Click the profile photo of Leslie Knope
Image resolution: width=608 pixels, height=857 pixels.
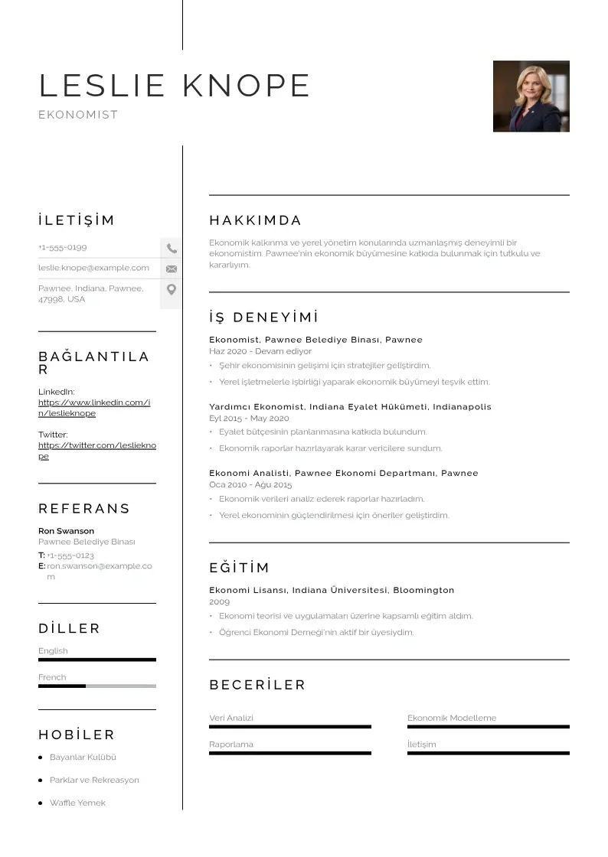531,96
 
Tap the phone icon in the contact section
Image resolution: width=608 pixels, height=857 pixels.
172,248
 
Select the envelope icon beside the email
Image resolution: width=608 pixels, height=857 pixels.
172,269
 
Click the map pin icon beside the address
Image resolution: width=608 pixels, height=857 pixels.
172,289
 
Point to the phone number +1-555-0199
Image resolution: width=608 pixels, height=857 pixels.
63,248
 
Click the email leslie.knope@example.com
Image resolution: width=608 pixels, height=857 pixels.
93,268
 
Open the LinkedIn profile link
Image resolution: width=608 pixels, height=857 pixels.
93,408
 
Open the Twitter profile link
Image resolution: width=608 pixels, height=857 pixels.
96,451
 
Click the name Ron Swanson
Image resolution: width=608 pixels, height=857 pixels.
67,531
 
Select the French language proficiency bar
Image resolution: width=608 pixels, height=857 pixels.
96,686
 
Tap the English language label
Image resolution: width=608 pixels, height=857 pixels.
54,651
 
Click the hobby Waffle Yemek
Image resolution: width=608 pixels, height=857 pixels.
77,803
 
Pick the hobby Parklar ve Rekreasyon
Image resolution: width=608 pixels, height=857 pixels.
94,780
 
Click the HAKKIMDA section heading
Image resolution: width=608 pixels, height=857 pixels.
256,221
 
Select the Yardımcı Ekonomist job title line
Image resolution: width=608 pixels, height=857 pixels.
350,407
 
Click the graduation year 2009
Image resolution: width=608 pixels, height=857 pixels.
219,602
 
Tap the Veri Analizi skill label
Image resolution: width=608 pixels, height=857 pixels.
231,719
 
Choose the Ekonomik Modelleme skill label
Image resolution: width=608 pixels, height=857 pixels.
452,719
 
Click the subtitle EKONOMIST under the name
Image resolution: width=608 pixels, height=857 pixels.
78,115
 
